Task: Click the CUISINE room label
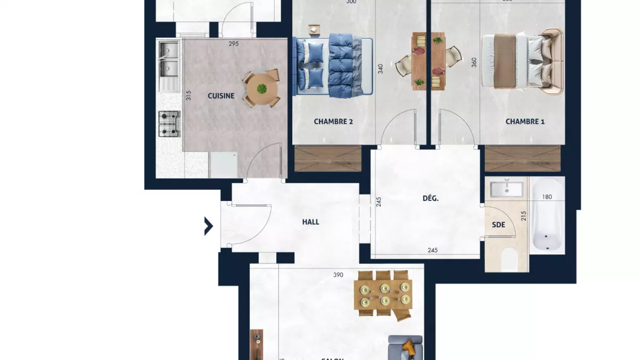221,96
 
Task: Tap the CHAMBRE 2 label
333,122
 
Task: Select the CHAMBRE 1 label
525,122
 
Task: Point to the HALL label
310,222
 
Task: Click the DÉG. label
430,198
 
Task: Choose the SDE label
498,225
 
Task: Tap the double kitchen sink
169,59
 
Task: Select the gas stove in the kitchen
169,123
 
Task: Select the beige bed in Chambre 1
521,61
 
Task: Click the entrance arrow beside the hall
209,226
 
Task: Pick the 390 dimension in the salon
338,275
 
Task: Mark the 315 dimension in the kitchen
189,96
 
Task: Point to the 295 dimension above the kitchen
233,44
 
